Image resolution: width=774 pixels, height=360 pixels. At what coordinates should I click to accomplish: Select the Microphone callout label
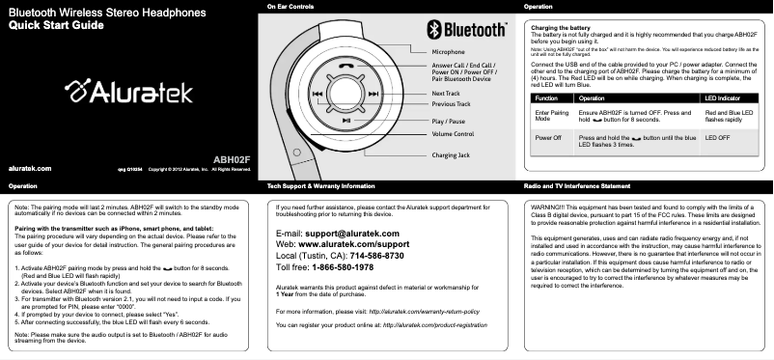tap(448, 50)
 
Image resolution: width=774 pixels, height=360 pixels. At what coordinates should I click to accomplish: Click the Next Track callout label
tap(446, 93)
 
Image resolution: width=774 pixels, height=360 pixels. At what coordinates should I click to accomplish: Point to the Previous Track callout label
tap(451, 103)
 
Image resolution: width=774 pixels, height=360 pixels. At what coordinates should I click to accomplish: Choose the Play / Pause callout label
tap(449, 122)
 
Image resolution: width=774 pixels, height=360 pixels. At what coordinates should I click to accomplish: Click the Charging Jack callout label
tap(451, 154)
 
